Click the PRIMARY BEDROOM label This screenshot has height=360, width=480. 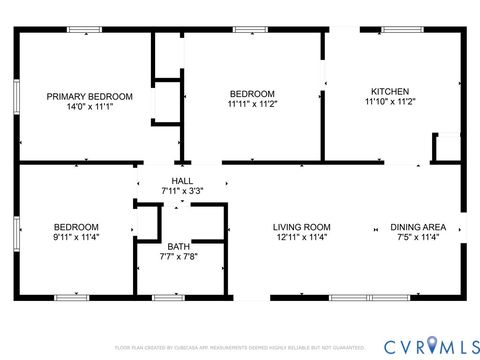(83, 96)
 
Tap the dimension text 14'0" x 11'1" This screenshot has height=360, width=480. (83, 107)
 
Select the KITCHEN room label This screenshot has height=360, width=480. (389, 90)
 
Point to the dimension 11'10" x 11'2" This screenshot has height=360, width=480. (389, 101)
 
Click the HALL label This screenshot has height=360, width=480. (182, 181)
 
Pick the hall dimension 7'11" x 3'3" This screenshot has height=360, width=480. (182, 190)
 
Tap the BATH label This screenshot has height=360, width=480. (178, 247)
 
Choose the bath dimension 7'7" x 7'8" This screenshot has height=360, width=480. (178, 257)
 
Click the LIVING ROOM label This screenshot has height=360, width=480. (302, 227)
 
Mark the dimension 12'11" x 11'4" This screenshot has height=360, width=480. (302, 238)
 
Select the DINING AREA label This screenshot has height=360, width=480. (417, 227)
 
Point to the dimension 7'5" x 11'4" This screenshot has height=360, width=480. (417, 238)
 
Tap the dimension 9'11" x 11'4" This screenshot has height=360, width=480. (76, 238)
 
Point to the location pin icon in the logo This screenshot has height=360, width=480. (432, 345)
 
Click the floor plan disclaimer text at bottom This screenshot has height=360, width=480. (239, 348)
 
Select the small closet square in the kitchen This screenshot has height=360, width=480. (446, 147)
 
